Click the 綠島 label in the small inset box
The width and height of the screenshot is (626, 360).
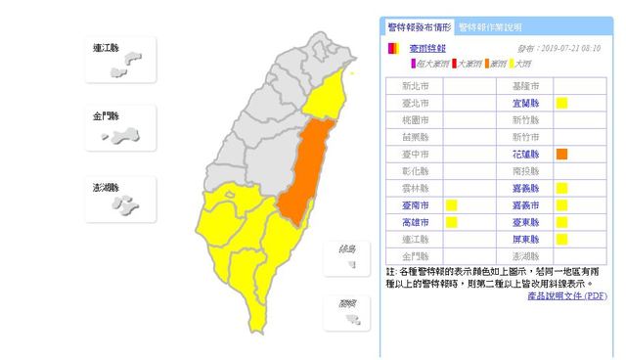click(x=346, y=250)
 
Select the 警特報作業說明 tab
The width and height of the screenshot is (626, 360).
click(x=490, y=27)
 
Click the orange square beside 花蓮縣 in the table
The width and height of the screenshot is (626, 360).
click(x=562, y=154)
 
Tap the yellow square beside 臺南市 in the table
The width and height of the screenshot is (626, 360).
click(x=452, y=204)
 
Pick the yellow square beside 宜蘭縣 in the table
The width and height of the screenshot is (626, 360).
click(x=562, y=103)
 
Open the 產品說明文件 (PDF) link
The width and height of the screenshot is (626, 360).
click(x=567, y=295)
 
